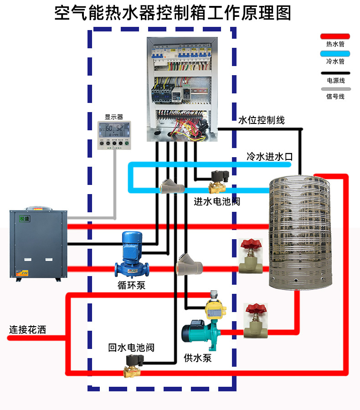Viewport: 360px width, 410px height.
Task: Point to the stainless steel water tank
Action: (x=299, y=232)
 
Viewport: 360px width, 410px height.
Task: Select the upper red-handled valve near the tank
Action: (x=250, y=255)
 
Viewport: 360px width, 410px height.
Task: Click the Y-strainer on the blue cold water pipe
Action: (x=172, y=187)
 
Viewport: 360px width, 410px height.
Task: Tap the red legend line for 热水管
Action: (x=335, y=36)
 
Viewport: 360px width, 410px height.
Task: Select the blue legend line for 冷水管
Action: (x=335, y=54)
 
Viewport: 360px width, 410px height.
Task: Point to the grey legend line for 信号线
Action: (x=335, y=89)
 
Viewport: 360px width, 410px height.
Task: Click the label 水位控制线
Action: (x=262, y=120)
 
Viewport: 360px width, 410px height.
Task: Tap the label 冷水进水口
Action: (x=269, y=157)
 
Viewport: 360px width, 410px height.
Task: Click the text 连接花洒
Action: (x=28, y=329)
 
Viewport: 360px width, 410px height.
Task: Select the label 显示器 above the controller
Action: (x=114, y=117)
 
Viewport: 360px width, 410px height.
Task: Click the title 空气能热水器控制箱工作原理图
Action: (x=173, y=13)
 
